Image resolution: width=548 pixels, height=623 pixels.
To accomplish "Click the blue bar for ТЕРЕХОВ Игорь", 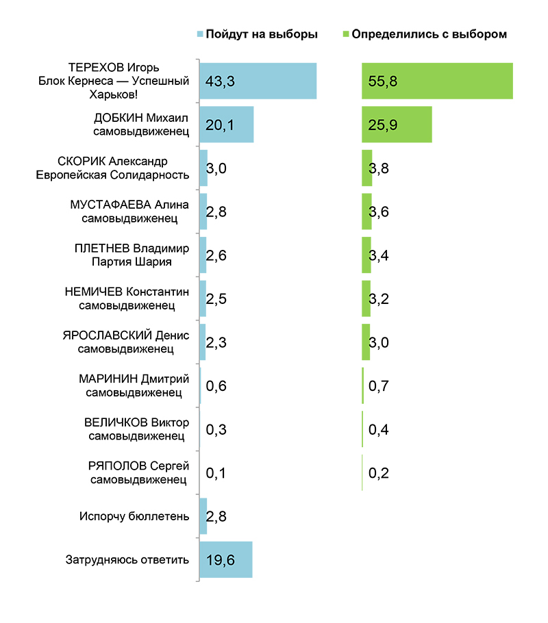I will pos(258,81).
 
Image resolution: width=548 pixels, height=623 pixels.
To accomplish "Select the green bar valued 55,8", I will pos(437,81).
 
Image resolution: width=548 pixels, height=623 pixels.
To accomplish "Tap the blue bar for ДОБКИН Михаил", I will pos(226,124).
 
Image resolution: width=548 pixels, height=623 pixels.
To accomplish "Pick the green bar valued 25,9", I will pos(397,124).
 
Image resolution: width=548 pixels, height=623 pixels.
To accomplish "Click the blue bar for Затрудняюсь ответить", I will pos(225,559).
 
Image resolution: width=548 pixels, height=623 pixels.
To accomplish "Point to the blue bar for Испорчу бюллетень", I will pos(203,516).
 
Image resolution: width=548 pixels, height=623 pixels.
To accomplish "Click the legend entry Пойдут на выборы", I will pos(261,34).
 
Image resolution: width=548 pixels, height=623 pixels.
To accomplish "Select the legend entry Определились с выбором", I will pos(429,34).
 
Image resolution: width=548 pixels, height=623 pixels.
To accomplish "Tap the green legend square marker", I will pos(346,34).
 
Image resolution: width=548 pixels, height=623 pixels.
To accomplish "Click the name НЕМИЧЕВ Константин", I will pos(127,292).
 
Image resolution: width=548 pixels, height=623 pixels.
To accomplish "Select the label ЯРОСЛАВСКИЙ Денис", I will pos(125,335).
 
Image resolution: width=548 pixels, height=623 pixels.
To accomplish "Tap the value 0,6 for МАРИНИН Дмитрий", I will pos(216,386).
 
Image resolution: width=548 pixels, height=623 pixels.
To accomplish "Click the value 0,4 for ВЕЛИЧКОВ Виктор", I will pos(379,430).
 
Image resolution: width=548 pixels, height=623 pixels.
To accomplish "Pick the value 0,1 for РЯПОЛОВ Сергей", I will pos(216,473).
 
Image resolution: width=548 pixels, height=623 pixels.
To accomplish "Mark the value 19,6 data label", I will pos(221,560).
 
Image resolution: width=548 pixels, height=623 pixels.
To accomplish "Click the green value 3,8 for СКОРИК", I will pos(379,168).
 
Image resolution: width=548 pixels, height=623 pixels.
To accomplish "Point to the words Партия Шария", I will pos(133,262).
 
